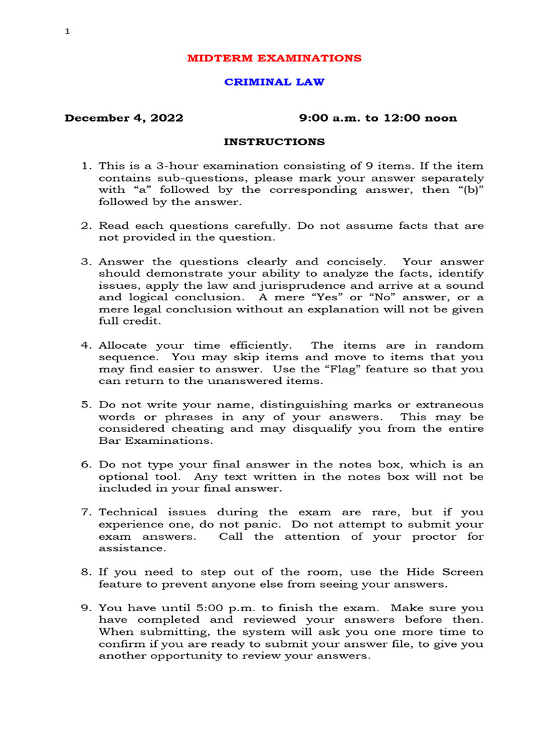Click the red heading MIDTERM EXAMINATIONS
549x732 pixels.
click(274, 58)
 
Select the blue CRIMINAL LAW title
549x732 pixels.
click(274, 82)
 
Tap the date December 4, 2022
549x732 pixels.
click(124, 118)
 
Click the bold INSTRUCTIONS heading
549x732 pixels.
click(274, 142)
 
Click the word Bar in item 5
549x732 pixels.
click(107, 441)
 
